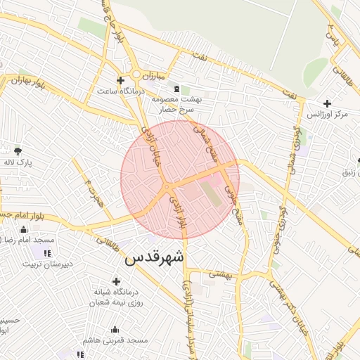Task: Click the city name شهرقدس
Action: (155, 258)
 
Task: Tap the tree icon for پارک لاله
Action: (18, 150)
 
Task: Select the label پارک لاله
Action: (18, 163)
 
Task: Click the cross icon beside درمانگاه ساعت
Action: (120, 80)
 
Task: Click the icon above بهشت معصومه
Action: (176, 89)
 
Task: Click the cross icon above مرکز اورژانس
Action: (327, 103)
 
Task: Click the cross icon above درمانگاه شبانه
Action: (116, 281)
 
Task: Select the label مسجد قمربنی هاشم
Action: (115, 340)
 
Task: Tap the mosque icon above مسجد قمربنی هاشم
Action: (115, 330)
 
